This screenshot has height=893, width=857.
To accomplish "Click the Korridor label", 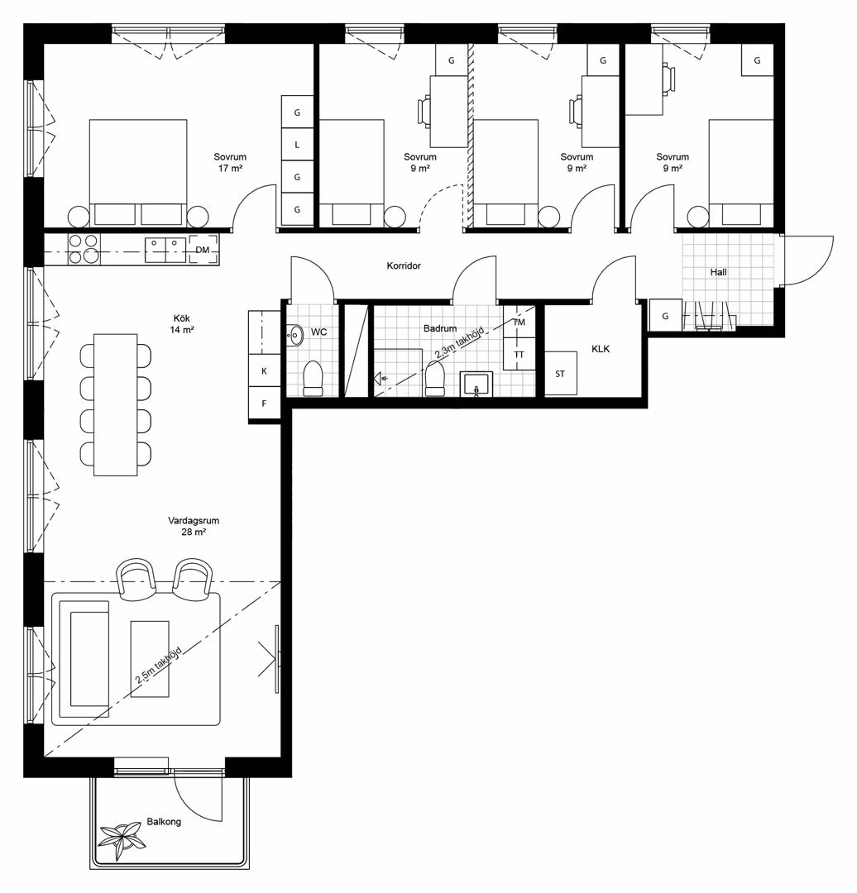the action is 404,266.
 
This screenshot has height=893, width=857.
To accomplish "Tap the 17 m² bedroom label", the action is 230,162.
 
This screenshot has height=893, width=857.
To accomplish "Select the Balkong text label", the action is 164,822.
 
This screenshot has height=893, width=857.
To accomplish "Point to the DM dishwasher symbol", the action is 203,250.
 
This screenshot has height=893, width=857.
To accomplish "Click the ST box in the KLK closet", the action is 561,374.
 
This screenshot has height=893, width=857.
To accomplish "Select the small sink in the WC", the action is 294,335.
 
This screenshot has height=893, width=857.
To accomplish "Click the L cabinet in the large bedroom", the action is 297,145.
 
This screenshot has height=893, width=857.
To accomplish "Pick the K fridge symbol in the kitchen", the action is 265,370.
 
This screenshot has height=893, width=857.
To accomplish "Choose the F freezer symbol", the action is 265,404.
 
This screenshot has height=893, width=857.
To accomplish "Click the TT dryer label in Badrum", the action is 519,354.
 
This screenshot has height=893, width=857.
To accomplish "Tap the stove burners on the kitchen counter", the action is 84,250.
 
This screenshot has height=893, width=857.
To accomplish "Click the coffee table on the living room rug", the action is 150,659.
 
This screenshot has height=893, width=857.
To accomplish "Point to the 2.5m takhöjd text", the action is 159,665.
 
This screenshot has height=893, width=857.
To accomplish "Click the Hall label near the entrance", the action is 719,272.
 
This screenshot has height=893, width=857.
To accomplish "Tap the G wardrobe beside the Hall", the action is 666,316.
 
